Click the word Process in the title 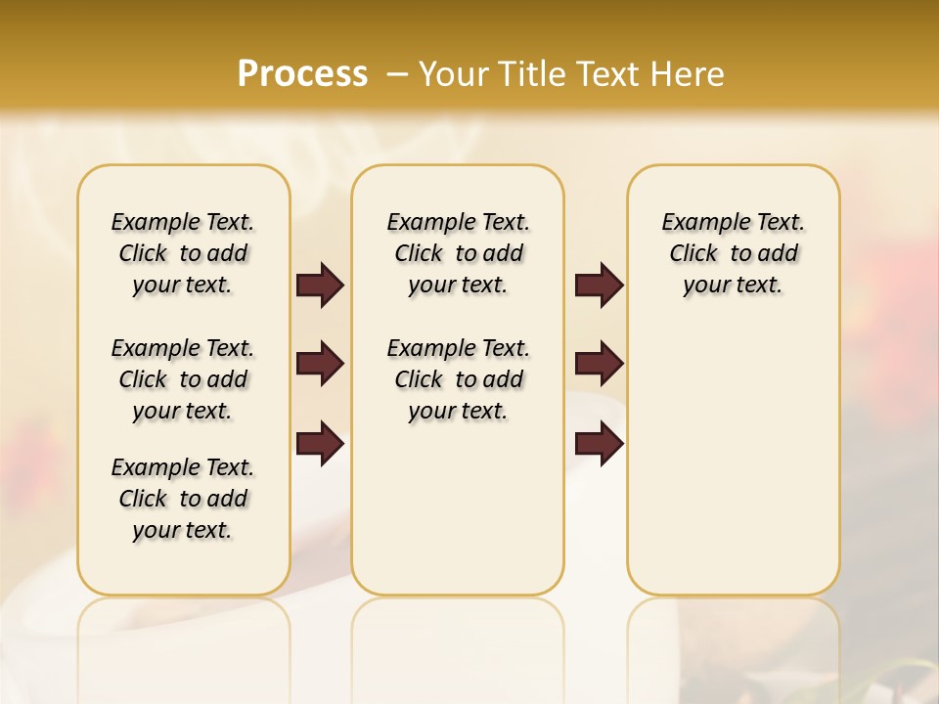click(302, 74)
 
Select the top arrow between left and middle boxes click(320, 285)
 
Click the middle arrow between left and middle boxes click(320, 364)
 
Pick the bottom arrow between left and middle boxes click(320, 443)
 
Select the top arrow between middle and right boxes click(599, 285)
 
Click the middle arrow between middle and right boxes click(599, 364)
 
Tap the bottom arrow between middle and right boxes click(599, 443)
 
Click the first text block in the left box click(183, 253)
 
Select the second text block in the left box click(183, 379)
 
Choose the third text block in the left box click(183, 499)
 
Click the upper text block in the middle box click(458, 253)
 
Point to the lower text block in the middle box click(458, 379)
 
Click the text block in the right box click(734, 253)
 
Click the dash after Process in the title click(397, 74)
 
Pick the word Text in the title click(605, 74)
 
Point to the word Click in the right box click(693, 254)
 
